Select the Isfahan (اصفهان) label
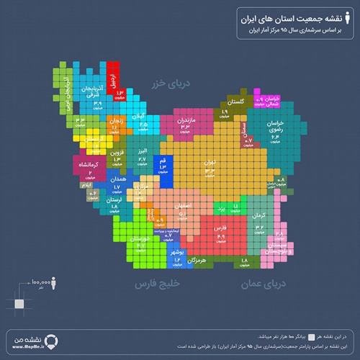(x=183, y=204)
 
